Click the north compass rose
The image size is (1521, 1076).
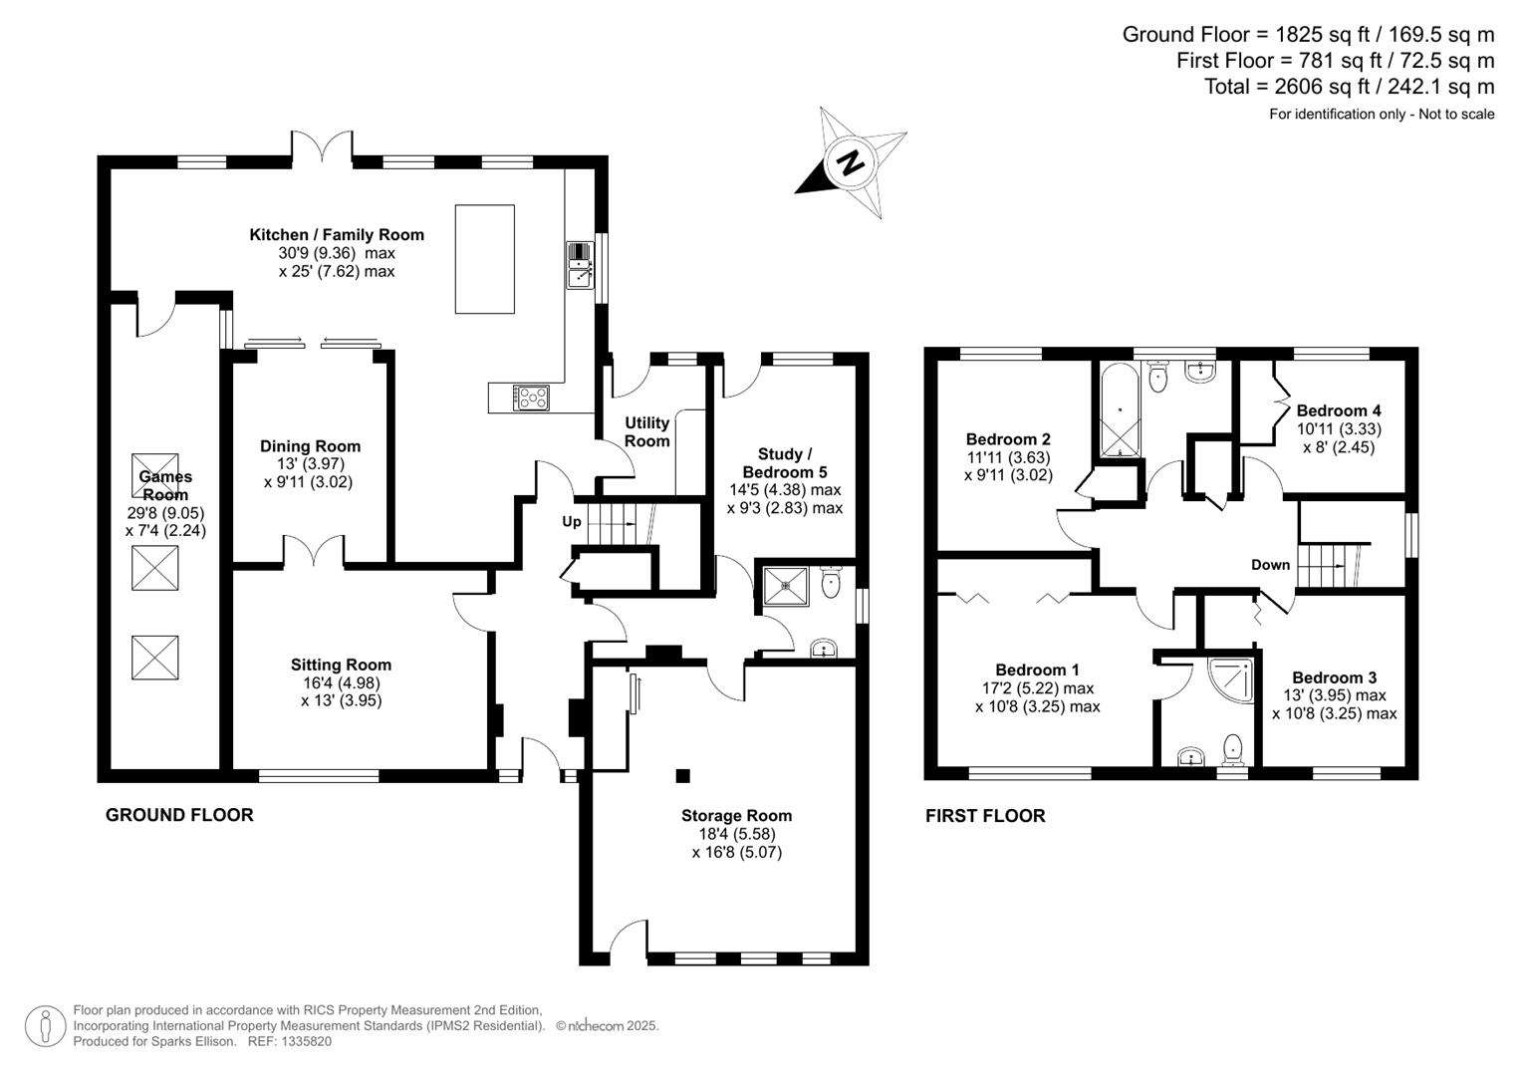852,162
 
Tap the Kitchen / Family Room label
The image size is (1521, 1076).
337,235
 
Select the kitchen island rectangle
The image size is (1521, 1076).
485,259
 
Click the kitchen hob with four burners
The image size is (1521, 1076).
531,398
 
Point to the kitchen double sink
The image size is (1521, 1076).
580,265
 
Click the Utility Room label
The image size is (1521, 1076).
646,431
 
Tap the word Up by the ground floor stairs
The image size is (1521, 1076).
572,522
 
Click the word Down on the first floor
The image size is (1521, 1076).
1270,565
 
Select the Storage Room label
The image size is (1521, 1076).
736,815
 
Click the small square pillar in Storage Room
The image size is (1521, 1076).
682,775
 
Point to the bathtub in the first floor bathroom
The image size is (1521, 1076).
1121,410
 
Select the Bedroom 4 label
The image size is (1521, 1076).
1339,410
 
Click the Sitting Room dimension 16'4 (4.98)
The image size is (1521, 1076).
341,682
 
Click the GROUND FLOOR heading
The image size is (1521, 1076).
179,815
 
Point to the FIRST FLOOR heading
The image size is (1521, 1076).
985,816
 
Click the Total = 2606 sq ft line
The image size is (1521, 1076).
1349,87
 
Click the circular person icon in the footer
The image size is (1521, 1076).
45,1026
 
